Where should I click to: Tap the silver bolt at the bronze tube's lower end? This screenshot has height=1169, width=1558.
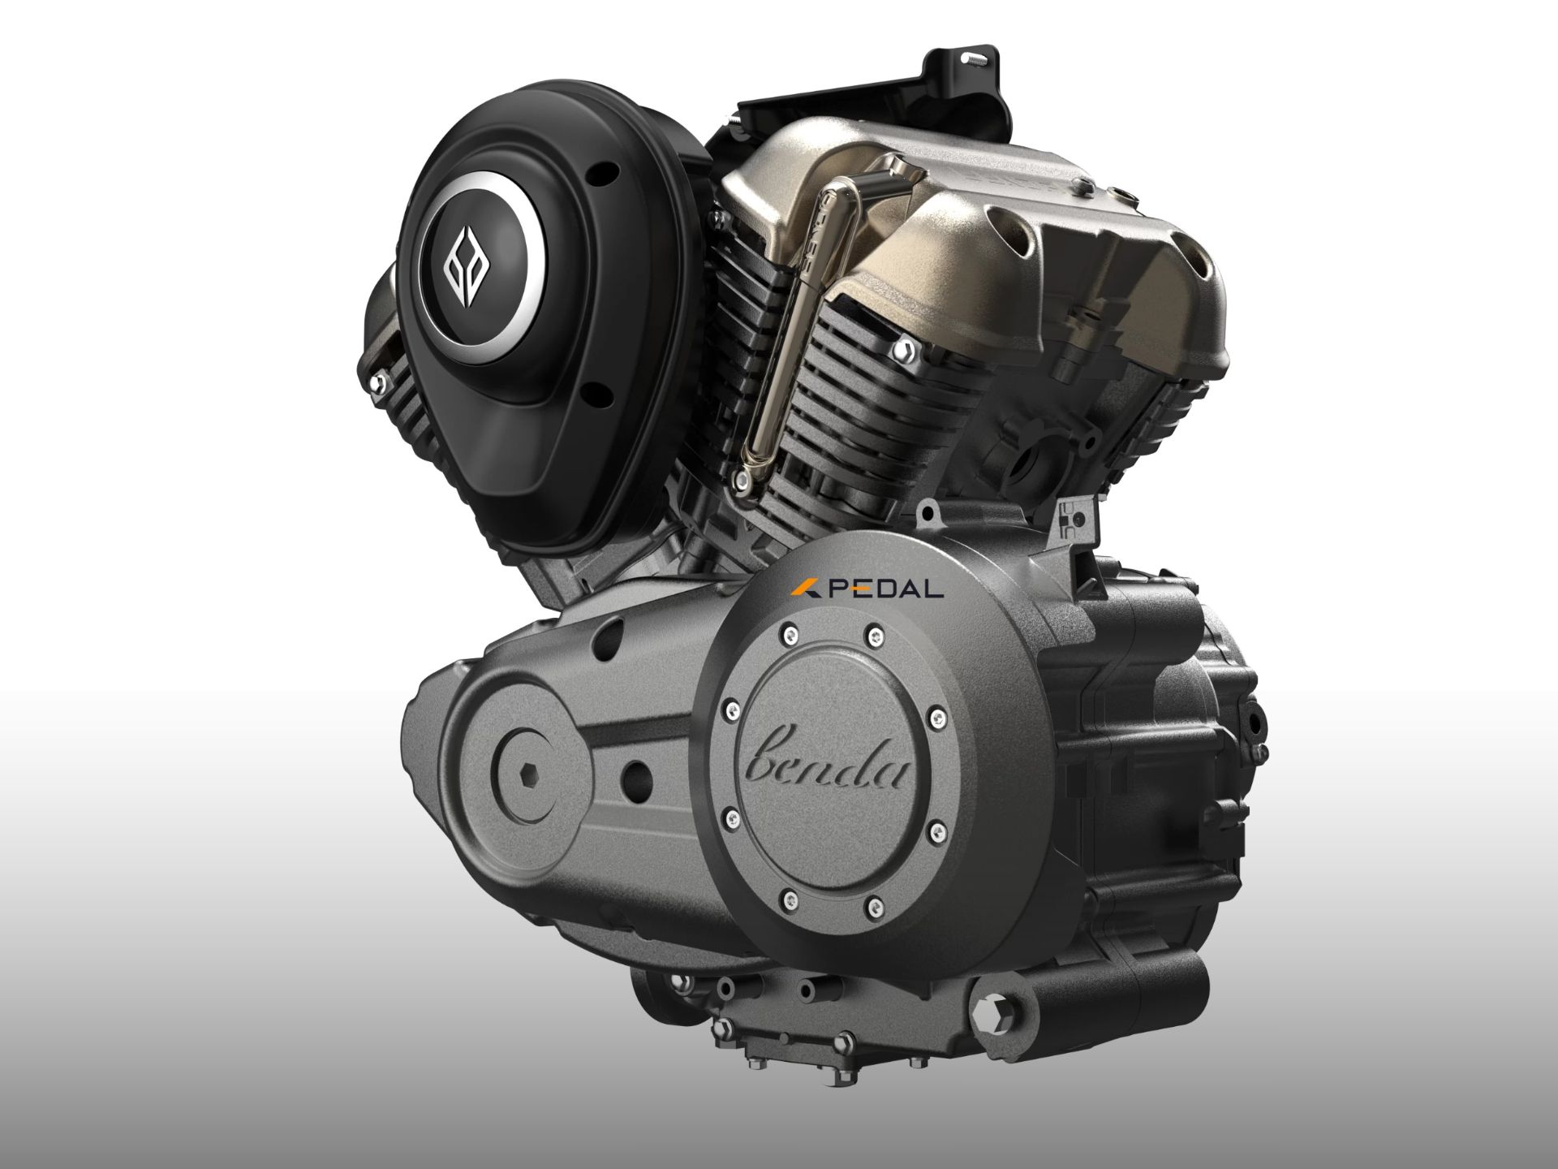742,485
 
